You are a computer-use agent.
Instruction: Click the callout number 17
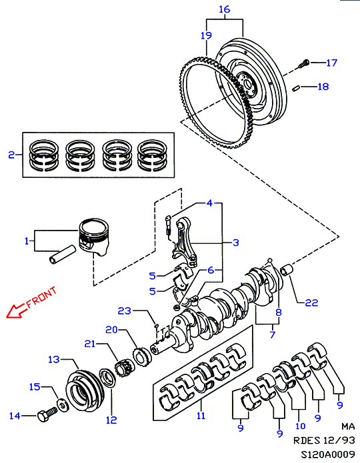(331, 63)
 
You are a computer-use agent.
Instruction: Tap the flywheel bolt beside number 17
(303, 64)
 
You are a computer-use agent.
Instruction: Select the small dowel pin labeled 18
(297, 89)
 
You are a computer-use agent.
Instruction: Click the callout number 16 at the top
(225, 9)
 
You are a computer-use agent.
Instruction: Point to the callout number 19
(206, 35)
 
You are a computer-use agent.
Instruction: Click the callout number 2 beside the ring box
(11, 155)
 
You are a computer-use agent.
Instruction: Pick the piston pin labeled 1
(62, 254)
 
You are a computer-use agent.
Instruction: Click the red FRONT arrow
(15, 311)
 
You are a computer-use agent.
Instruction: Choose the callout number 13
(54, 359)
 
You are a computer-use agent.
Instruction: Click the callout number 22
(311, 302)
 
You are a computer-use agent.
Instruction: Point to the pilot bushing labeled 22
(286, 270)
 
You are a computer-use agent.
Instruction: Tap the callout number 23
(125, 310)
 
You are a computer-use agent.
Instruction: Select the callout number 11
(201, 416)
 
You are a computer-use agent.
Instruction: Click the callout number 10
(301, 426)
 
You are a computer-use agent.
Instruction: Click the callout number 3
(235, 242)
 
